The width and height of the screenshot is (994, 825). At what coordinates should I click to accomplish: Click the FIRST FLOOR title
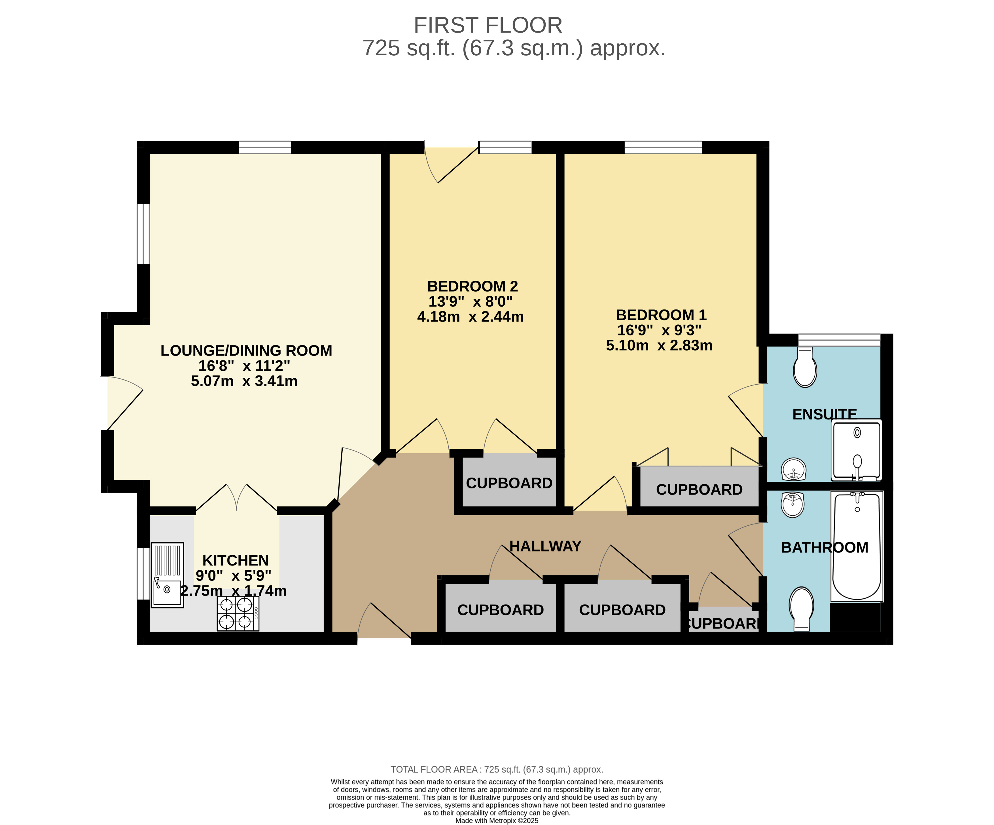point(488,25)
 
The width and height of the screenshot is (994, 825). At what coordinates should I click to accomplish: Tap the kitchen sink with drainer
point(167,575)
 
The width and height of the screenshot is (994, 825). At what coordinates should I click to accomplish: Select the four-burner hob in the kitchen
point(238,613)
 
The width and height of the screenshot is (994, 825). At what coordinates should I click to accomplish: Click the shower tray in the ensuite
point(857,450)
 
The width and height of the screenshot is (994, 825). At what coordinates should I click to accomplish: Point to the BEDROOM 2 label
point(472,286)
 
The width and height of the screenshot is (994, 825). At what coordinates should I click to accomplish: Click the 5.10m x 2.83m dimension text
point(659,345)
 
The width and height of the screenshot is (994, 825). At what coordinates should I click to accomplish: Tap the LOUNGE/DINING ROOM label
point(246,351)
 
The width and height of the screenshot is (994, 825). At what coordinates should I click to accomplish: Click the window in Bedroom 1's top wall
point(663,147)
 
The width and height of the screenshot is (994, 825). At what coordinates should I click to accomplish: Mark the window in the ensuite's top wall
point(839,340)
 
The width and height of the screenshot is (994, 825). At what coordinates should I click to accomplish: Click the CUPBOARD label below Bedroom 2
point(509,483)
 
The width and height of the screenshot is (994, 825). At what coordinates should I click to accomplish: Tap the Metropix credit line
point(497,821)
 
